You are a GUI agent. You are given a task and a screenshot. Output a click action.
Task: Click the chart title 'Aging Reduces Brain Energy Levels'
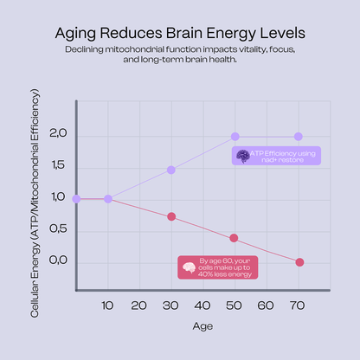point(180,34)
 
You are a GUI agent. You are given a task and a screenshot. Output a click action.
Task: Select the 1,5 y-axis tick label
point(58,166)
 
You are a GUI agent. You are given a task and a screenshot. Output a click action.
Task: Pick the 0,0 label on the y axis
point(58,260)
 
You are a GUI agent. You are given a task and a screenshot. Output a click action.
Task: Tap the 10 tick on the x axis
point(107,305)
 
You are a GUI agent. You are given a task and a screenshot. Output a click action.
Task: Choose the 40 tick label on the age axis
point(202,305)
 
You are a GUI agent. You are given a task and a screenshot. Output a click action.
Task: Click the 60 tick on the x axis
point(267,305)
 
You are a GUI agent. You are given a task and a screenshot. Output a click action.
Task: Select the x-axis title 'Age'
point(202,327)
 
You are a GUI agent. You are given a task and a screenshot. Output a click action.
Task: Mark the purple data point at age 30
point(171,170)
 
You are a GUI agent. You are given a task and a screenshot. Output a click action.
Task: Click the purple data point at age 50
point(235,137)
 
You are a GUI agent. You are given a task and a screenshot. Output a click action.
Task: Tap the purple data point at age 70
point(299,137)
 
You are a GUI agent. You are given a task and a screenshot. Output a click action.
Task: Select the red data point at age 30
point(171,216)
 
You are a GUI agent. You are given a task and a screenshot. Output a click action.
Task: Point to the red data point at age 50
point(235,238)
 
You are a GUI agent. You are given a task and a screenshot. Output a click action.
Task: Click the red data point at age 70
point(299,262)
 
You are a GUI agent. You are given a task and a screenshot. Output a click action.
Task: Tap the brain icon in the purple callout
point(243,156)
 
